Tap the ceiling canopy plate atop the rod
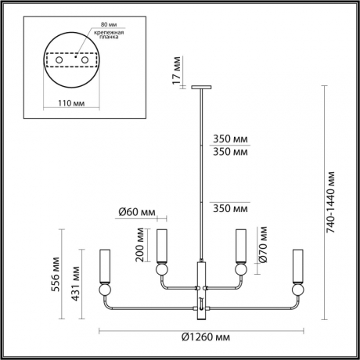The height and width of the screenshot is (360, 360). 203,88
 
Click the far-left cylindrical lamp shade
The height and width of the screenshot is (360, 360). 104,266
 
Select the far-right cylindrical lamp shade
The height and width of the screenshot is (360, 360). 297,266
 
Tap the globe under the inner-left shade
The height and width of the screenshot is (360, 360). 164,269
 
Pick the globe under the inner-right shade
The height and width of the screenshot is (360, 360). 241,269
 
